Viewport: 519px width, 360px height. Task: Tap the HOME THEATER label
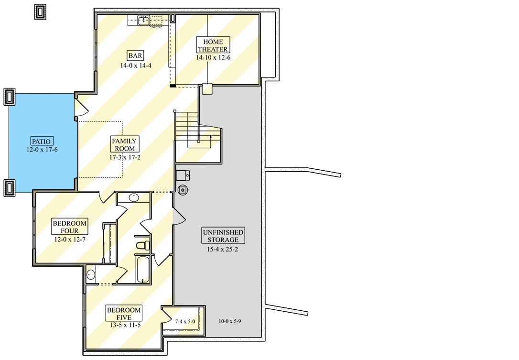[x=213, y=45]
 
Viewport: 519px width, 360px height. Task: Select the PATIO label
[x=42, y=141]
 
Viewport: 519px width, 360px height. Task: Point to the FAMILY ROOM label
[x=124, y=144]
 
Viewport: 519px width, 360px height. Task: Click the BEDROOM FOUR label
[x=69, y=227]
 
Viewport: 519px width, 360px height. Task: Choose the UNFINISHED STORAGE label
[x=223, y=236]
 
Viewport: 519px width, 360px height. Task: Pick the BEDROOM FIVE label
[x=124, y=314]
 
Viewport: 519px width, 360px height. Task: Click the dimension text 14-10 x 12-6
[x=213, y=57]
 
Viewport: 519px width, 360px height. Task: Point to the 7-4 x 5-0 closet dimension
[x=185, y=321]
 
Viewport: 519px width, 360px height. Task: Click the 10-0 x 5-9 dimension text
[x=229, y=321]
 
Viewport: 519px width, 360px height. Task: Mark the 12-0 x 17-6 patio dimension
[x=42, y=149]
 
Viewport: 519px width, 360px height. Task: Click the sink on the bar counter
[x=143, y=20]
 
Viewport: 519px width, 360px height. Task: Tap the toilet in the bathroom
[x=142, y=246]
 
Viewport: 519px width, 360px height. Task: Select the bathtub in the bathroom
[x=143, y=269]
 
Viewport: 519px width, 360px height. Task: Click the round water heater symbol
[x=183, y=190]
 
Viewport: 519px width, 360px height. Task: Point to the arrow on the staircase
[x=211, y=137]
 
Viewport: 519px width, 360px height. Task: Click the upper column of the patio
[x=10, y=97]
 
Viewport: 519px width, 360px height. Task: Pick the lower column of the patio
[x=10, y=187]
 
